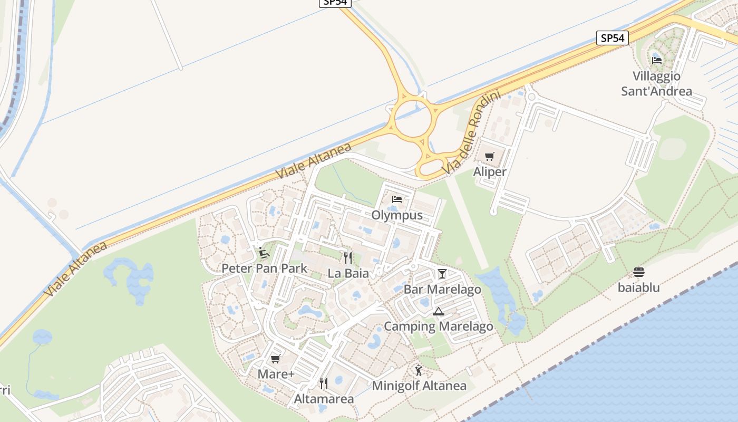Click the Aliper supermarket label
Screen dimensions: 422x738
pyautogui.click(x=490, y=171)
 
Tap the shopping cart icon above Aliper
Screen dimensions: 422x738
pyautogui.click(x=490, y=156)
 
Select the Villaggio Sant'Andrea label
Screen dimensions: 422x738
pyautogui.click(x=656, y=83)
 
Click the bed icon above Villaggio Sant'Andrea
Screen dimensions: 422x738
pyautogui.click(x=656, y=60)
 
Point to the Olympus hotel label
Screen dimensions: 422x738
pyautogui.click(x=397, y=215)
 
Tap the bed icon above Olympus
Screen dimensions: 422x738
pyautogui.click(x=397, y=199)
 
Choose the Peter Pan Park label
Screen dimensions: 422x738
pyautogui.click(x=264, y=268)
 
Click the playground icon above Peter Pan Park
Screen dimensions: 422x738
pyautogui.click(x=264, y=253)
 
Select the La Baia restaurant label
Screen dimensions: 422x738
pyautogui.click(x=347, y=273)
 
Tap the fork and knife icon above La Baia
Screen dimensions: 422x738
pyautogui.click(x=347, y=257)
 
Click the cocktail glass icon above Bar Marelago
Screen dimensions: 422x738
pyautogui.click(x=442, y=273)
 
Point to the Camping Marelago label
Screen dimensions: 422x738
pyautogui.click(x=438, y=327)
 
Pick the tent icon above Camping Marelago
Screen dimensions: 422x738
pyautogui.click(x=438, y=312)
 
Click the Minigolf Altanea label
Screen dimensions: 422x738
pyautogui.click(x=419, y=386)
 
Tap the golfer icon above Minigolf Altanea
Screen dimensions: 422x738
pyautogui.click(x=419, y=370)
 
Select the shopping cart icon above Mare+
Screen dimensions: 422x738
pyautogui.click(x=275, y=359)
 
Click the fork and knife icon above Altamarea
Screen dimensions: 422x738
pyautogui.click(x=324, y=383)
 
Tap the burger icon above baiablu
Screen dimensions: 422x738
pyautogui.click(x=639, y=272)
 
